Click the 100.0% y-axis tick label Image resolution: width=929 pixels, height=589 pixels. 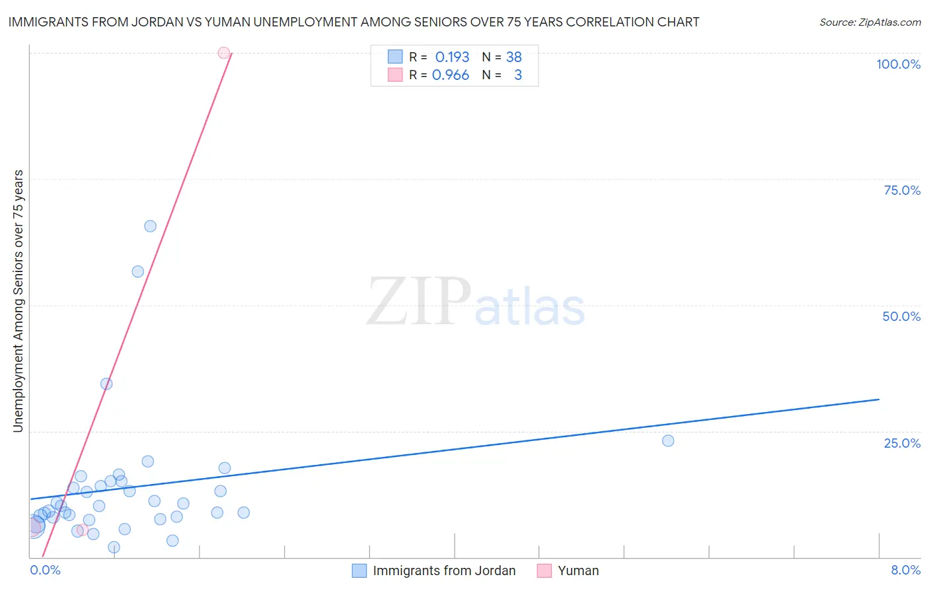[898, 64]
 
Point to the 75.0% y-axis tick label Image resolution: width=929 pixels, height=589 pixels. [902, 190]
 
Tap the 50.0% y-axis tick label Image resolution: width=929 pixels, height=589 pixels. [901, 316]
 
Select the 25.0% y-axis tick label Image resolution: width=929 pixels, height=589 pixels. [902, 443]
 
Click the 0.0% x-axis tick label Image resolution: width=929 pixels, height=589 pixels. [45, 570]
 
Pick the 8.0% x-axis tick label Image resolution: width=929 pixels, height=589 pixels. [905, 570]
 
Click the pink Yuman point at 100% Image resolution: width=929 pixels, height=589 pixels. [223, 53]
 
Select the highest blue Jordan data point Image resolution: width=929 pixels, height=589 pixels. [150, 226]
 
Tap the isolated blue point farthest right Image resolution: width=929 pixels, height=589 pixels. [668, 440]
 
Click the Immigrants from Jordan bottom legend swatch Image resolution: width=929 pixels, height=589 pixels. [359, 571]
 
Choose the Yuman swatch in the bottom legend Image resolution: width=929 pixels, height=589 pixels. [544, 571]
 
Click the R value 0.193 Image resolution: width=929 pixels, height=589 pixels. [452, 57]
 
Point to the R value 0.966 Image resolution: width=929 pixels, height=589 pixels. [451, 75]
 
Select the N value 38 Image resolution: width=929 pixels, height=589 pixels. [513, 57]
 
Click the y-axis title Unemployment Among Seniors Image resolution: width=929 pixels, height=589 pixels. [18, 301]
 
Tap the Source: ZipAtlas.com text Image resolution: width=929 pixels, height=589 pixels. [870, 22]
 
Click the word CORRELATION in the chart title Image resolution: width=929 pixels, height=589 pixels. [585, 22]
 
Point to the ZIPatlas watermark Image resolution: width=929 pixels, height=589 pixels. [476, 302]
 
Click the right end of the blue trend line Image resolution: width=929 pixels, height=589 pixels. [879, 399]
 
